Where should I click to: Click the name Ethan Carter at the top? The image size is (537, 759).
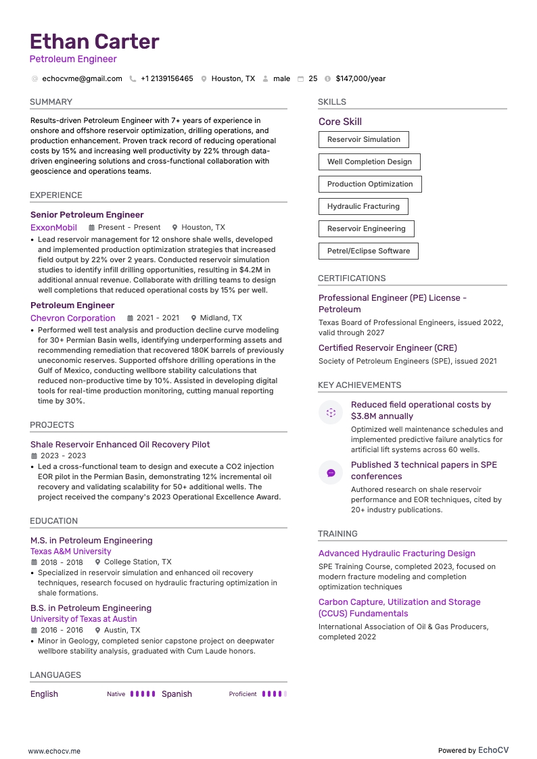pos(95,41)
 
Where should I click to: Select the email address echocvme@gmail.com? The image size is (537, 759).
pos(82,78)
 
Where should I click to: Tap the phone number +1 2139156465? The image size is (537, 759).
pos(166,78)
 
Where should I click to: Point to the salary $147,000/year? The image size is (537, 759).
pos(360,78)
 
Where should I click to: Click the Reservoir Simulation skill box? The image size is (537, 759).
pos(364,140)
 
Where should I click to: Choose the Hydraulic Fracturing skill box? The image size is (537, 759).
pos(363,207)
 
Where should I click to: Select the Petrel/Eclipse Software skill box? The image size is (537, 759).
pos(369,251)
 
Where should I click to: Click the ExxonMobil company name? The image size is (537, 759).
pos(53,228)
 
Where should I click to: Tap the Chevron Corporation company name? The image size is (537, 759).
pos(73,318)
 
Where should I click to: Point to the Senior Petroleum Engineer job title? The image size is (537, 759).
pos(87,215)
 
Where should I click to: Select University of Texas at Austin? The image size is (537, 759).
pos(83,619)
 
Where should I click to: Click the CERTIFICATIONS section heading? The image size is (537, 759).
pos(352,278)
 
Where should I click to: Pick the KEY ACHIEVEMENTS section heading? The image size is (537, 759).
pos(360,385)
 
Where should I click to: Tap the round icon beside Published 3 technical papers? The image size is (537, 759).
pos(331,473)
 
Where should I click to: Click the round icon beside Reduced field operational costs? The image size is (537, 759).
pos(331,412)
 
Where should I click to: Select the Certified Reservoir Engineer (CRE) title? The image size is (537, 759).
pos(388,348)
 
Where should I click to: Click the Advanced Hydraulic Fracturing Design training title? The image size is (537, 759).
pos(397,554)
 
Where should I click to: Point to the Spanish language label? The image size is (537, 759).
pos(177,694)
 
